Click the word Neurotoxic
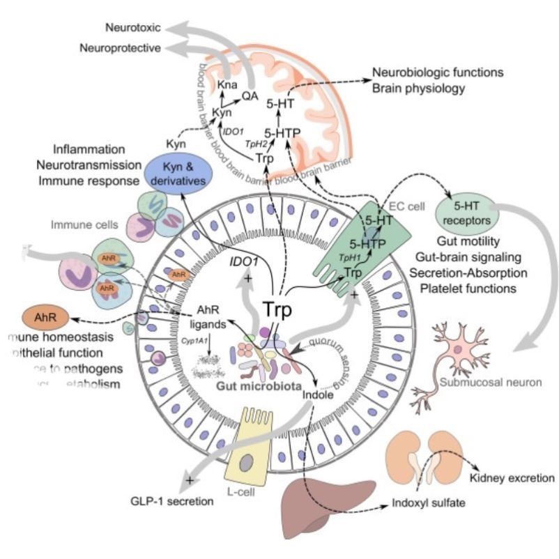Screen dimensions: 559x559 [132, 29]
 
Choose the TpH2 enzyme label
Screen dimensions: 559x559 [256, 143]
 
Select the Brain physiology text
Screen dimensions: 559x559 [418, 89]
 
